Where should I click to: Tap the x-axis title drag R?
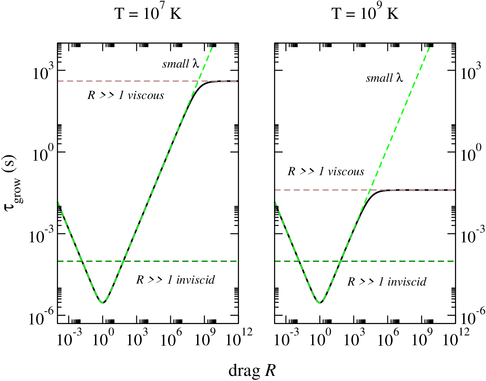pyautogui.click(x=252, y=371)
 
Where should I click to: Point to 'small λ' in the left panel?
pyautogui.click(x=181, y=64)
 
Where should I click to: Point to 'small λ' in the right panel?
pyautogui.click(x=384, y=78)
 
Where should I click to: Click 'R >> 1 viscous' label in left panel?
pyautogui.click(x=126, y=95)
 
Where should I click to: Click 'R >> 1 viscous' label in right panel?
pyautogui.click(x=326, y=172)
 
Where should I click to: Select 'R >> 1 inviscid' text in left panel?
pyautogui.click(x=175, y=280)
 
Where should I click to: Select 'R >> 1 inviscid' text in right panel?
pyautogui.click(x=387, y=282)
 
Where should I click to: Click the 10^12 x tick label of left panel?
pyautogui.click(x=239, y=337)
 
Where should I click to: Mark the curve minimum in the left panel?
pyautogui.click(x=103, y=303)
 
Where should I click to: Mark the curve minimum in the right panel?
pyautogui.click(x=320, y=303)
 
